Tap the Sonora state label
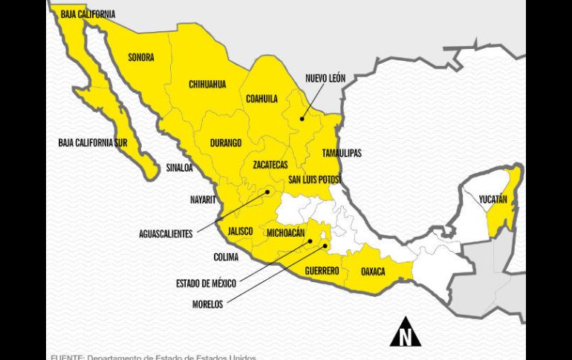(x=141, y=57)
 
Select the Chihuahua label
(x=207, y=84)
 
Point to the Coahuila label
(x=261, y=99)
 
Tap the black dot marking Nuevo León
(x=302, y=118)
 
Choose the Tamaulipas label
(x=342, y=153)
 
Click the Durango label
(x=226, y=143)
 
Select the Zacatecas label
(x=270, y=164)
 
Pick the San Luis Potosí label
(x=314, y=180)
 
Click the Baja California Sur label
(x=88, y=142)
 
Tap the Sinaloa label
(x=179, y=168)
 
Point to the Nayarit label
(x=203, y=200)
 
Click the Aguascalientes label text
(x=166, y=234)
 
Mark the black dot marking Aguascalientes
(x=268, y=192)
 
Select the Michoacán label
(x=285, y=233)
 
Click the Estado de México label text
(x=206, y=283)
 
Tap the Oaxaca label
(x=373, y=272)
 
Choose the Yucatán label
(x=493, y=200)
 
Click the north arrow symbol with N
(x=405, y=333)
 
